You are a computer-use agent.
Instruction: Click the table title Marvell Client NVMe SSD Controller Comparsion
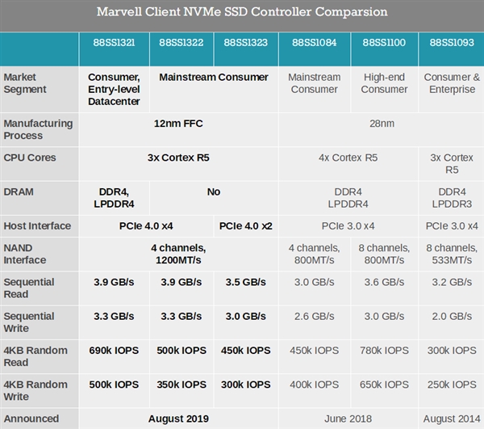(x=242, y=12)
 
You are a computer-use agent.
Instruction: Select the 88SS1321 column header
(x=114, y=42)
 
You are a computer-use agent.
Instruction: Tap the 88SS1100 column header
(x=384, y=42)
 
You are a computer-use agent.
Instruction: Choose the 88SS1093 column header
(x=452, y=42)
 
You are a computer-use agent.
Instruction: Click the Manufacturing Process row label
(x=38, y=129)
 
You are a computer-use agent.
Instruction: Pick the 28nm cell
(x=381, y=124)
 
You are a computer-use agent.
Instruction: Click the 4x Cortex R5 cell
(x=348, y=158)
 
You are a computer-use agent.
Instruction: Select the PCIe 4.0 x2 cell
(x=245, y=225)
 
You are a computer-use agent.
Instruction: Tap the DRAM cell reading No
(x=213, y=191)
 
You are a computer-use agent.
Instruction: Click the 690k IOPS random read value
(x=114, y=350)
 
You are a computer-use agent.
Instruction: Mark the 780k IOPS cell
(x=384, y=350)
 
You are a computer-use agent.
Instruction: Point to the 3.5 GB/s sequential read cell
(x=245, y=282)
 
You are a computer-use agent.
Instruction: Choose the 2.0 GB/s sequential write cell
(x=452, y=316)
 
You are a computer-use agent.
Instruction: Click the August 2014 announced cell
(x=452, y=418)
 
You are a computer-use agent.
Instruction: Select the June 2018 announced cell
(x=348, y=418)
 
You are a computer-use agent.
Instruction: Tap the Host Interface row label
(x=37, y=225)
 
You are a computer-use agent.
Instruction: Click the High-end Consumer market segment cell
(x=384, y=83)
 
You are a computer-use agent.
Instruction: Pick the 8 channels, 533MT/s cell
(x=452, y=254)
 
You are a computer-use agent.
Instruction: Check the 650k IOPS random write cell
(x=384, y=384)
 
